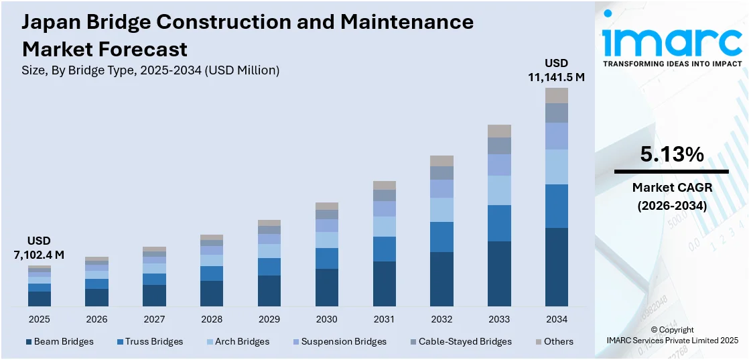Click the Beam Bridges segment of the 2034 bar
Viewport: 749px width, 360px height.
pyautogui.click(x=556, y=267)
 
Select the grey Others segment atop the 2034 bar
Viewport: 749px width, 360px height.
pyautogui.click(x=556, y=95)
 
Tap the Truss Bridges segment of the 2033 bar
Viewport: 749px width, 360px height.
pyautogui.click(x=498, y=223)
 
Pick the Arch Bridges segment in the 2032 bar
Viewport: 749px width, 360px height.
pyautogui.click(x=441, y=209)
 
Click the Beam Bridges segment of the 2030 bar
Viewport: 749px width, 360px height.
pyautogui.click(x=326, y=288)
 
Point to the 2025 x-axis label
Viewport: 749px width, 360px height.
pyautogui.click(x=39, y=319)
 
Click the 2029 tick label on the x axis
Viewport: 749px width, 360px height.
pyautogui.click(x=269, y=319)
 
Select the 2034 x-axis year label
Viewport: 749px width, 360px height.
pyautogui.click(x=556, y=319)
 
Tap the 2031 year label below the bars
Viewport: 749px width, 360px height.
pyautogui.click(x=384, y=319)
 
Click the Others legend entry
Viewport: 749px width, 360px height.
pyautogui.click(x=553, y=341)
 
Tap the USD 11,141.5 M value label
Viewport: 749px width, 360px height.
pyautogui.click(x=556, y=70)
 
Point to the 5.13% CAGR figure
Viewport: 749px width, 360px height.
pyautogui.click(x=671, y=155)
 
